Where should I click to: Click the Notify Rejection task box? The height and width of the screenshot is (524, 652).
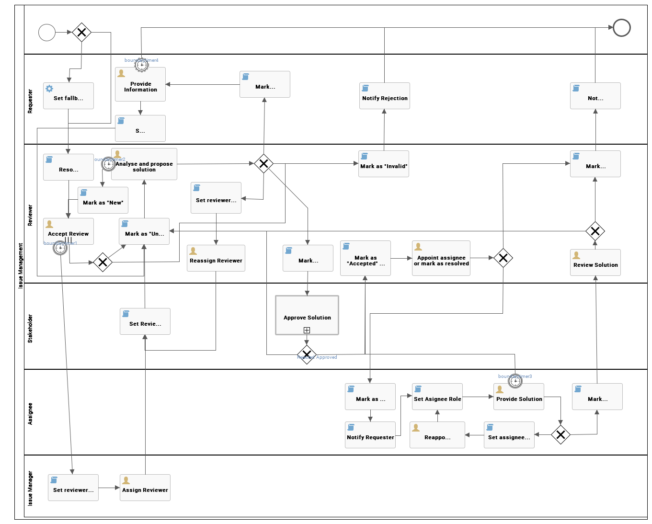point(385,96)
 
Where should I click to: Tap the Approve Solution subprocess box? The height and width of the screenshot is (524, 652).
point(307,315)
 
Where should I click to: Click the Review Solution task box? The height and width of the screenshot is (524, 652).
point(595,262)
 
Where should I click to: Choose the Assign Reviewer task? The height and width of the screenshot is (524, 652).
point(145,488)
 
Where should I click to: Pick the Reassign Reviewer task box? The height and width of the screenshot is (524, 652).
point(216,258)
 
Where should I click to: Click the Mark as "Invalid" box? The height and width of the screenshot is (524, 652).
point(384,164)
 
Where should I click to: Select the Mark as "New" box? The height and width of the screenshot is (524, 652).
point(103,200)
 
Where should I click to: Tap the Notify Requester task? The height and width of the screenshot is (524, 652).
point(370,435)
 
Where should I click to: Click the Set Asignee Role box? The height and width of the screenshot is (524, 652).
point(437,397)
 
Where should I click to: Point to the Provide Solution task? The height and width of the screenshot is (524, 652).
point(519,397)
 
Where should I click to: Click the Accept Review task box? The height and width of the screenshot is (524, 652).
point(69,231)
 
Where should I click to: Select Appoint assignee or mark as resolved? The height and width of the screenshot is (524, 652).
point(441,258)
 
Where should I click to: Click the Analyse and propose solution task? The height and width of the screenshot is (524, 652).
point(144,164)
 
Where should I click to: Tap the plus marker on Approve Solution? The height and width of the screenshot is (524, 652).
point(307,330)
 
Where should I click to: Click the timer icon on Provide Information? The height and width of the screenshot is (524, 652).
point(141,64)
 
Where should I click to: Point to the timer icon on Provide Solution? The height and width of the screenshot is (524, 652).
point(515,381)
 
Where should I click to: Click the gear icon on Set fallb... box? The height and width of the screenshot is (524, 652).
point(49,89)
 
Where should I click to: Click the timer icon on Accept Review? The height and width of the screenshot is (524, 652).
point(60,248)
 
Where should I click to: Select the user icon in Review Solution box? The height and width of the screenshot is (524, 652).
point(576,255)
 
